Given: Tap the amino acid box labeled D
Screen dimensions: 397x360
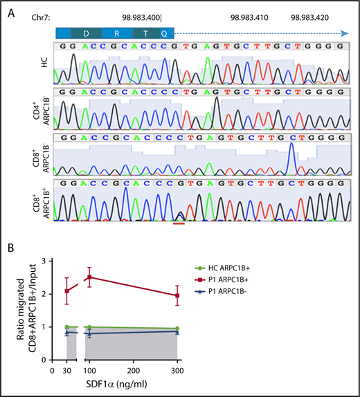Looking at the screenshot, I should point(86,33).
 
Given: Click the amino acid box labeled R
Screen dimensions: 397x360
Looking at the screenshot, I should point(117,33).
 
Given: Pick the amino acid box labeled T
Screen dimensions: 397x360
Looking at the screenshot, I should point(145,33).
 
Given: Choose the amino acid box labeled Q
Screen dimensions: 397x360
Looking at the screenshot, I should point(164,33).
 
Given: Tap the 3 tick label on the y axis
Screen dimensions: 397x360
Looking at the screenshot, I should point(48,261).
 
